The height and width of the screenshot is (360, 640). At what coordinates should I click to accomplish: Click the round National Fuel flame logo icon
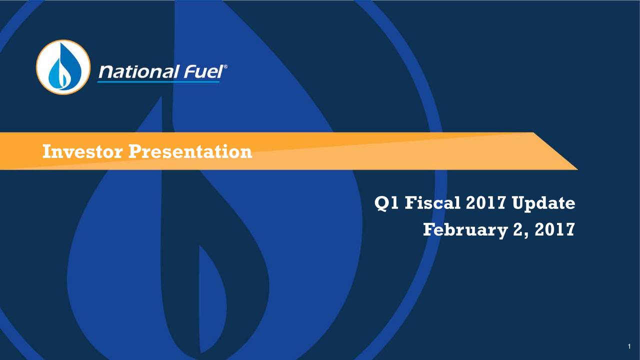63,67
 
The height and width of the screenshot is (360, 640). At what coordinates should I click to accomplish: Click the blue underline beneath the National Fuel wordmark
158,81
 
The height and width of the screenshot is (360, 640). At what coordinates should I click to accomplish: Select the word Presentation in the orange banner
190,151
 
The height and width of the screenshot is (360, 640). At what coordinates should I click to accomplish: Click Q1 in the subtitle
387,203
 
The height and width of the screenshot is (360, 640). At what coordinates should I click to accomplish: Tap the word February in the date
462,230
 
